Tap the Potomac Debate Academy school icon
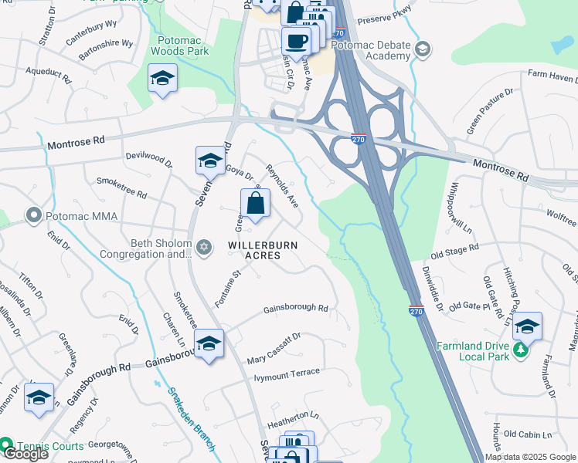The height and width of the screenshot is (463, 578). point(423,50)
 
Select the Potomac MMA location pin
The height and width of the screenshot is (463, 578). point(33,214)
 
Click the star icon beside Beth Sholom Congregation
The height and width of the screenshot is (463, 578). point(204,248)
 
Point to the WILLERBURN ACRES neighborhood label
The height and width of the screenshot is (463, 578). point(263,250)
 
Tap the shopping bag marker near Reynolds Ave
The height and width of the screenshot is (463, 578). point(256,205)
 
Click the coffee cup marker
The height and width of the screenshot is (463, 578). point(296,41)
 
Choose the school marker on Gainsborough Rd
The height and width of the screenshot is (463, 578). point(209,343)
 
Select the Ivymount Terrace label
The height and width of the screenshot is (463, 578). point(287,373)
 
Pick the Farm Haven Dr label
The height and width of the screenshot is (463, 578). point(552,76)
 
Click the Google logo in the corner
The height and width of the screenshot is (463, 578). point(25,454)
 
